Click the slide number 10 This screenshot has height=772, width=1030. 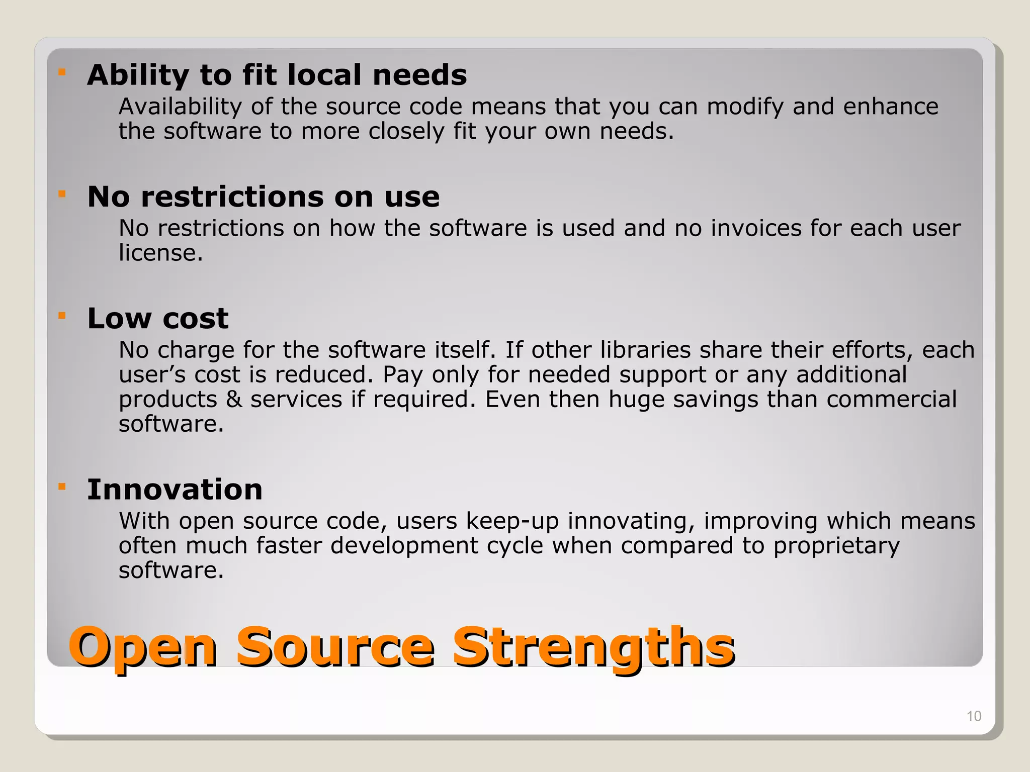point(974,716)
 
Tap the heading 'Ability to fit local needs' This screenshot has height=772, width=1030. point(277,75)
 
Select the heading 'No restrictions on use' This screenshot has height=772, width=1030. point(263,197)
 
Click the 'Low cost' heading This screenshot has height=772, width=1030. point(157,319)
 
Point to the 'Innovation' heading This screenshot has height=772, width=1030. point(175,490)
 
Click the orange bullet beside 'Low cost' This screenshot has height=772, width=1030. point(62,316)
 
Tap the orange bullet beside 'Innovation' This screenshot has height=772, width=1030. point(62,487)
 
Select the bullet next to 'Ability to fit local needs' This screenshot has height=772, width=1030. point(62,72)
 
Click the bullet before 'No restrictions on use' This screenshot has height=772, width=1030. point(62,194)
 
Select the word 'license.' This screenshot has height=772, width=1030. point(160,253)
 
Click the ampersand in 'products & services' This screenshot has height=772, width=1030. point(233,400)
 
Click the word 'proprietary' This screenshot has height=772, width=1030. point(836,546)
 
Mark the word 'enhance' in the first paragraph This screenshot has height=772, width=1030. point(890,107)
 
